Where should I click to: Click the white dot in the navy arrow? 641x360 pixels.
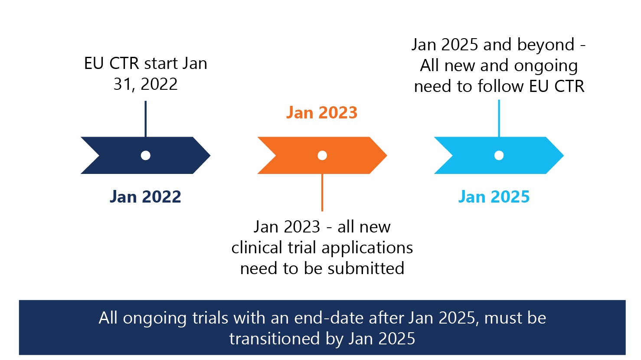point(146,155)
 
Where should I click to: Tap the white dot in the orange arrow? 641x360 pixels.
point(322,155)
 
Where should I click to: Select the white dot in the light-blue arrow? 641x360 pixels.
point(499,155)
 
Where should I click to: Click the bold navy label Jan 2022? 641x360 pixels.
point(145,197)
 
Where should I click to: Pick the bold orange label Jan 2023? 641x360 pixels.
point(322,112)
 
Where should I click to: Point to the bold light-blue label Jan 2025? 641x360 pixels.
point(494,197)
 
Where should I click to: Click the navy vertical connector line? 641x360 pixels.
point(146,119)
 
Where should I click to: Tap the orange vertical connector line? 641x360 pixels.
point(322,192)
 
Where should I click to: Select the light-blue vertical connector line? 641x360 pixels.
point(499,118)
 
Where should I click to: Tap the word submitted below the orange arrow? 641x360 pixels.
point(366,268)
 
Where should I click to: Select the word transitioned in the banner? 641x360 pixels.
point(275,339)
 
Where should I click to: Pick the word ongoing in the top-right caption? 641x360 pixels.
point(546,66)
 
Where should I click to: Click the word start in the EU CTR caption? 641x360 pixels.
point(161,63)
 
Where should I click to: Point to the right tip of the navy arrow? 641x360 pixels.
point(210,155)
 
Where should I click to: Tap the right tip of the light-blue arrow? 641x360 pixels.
point(564,155)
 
